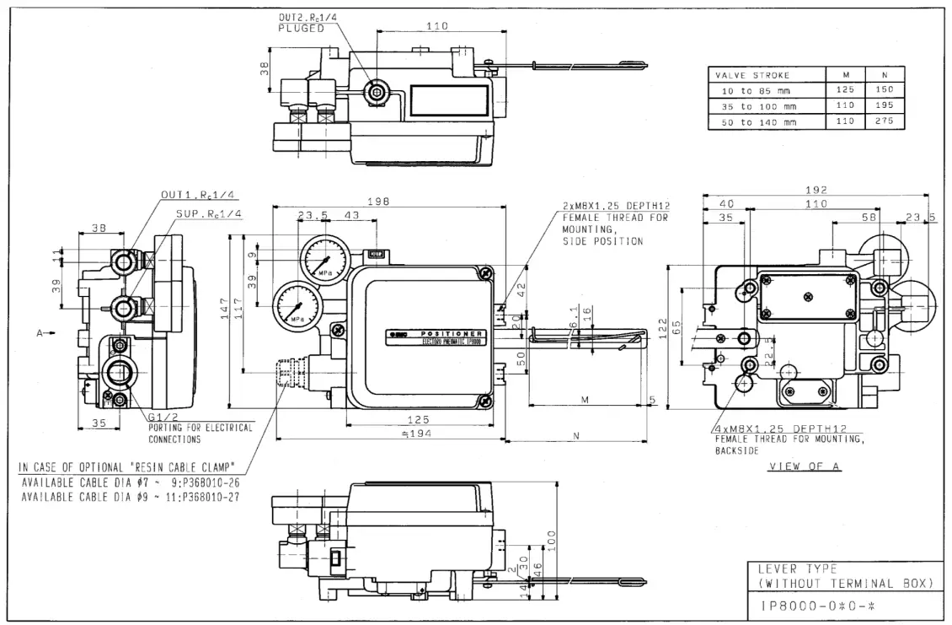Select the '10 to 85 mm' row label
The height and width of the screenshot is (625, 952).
(x=752, y=90)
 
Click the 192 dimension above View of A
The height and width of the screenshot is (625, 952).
(x=816, y=190)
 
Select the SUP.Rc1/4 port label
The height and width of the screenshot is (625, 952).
(x=208, y=214)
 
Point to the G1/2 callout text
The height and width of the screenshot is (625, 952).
(x=163, y=418)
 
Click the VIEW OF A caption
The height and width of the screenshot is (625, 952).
(x=804, y=466)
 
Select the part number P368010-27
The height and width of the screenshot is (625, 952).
(x=205, y=497)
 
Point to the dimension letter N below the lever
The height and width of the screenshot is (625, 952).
(x=575, y=436)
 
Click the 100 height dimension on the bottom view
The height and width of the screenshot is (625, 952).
(x=552, y=537)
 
